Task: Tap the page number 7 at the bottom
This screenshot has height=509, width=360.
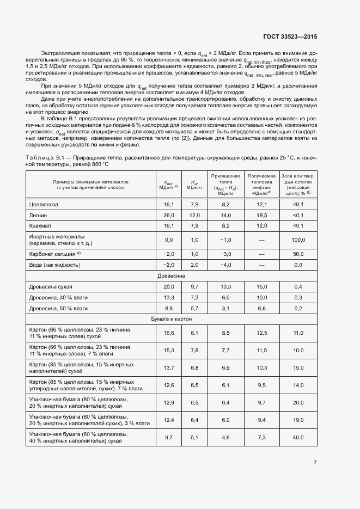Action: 315,463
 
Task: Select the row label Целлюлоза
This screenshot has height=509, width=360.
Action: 43,204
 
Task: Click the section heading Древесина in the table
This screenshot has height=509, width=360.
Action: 171,276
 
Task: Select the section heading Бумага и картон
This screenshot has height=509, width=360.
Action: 171,319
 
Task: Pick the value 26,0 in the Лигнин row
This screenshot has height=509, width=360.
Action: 168,215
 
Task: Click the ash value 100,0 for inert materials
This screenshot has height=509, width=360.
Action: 297,240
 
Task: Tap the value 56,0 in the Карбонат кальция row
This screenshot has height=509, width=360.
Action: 297,254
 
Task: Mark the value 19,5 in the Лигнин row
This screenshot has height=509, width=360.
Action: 261,215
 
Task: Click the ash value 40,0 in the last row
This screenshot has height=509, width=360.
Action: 297,438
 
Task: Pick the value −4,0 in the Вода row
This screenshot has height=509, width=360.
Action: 225,265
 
